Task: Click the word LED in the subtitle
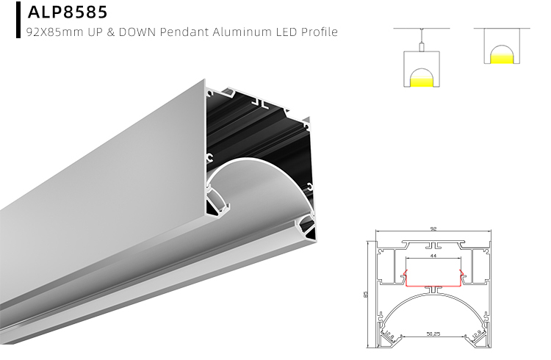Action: (283, 32)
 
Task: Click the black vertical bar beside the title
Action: (18, 20)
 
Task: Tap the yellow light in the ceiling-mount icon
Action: (500, 57)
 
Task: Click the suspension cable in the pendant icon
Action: (420, 37)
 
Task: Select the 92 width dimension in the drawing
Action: (433, 230)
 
